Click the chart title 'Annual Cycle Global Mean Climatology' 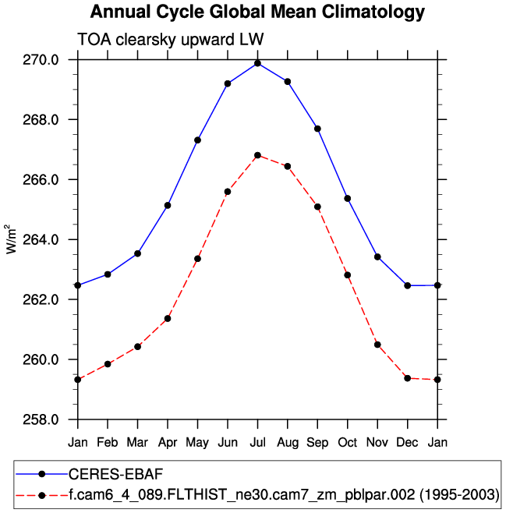(257, 12)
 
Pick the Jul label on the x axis (257, 443)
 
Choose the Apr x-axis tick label (168, 443)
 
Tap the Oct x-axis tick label (347, 443)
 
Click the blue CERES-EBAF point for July (257, 63)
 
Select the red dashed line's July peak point (257, 155)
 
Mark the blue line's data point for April (168, 205)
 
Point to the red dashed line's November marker (377, 345)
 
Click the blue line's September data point (317, 129)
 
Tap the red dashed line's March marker (138, 346)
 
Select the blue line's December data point (407, 285)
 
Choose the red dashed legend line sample (41, 494)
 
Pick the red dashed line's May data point (198, 259)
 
